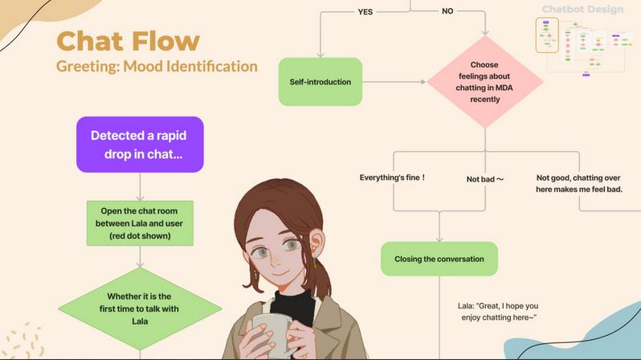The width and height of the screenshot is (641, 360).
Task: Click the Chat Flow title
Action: click(128, 40)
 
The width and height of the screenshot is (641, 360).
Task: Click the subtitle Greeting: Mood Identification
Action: click(157, 66)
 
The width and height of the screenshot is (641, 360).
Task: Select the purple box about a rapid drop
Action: click(140, 145)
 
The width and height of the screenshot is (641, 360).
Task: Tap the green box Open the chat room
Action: click(140, 223)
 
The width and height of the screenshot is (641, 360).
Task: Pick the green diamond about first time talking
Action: click(140, 309)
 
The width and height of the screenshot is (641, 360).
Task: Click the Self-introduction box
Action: click(320, 82)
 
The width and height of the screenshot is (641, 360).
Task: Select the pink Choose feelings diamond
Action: click(485, 82)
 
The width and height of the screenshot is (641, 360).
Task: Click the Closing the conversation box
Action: click(439, 259)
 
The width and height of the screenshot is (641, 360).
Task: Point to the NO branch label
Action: click(447, 11)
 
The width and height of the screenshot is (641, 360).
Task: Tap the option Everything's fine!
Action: click(392, 178)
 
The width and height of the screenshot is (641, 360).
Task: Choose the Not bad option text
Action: click(484, 178)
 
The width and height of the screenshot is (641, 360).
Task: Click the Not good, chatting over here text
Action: click(579, 183)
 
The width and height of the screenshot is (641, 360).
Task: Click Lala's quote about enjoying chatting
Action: click(498, 312)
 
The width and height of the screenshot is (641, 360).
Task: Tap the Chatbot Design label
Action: click(582, 10)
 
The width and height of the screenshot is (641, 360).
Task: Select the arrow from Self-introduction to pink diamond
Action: click(394, 82)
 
